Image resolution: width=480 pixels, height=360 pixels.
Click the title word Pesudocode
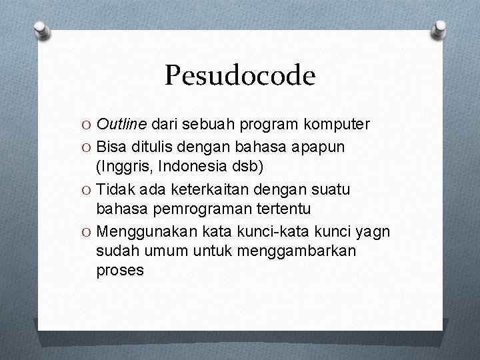point(240,76)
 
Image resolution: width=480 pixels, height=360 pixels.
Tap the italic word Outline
point(121,124)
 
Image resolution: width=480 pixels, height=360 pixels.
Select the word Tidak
point(114,189)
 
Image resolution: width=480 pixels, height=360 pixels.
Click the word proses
point(120,271)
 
